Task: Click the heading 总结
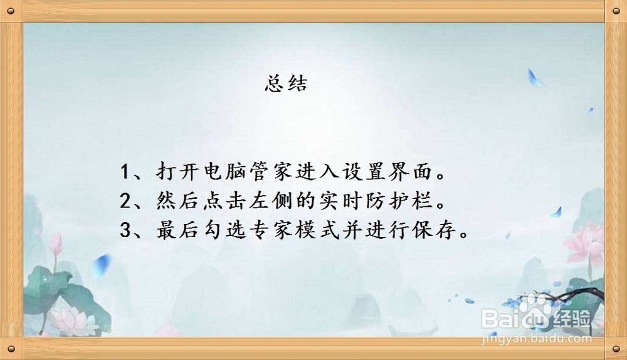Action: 286,85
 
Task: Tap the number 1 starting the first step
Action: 125,172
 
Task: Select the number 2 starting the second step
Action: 125,201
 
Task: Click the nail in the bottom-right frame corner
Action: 614,348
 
